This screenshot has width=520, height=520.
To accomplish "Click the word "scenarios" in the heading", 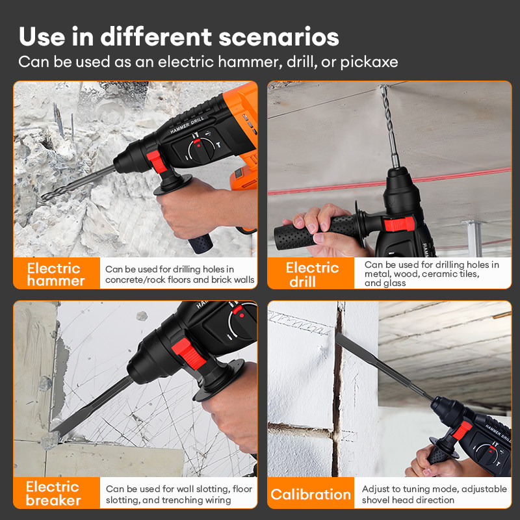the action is coord(279,37).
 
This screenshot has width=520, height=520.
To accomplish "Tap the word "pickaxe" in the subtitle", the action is coord(369,62).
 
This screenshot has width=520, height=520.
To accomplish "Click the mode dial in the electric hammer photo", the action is coord(201,150).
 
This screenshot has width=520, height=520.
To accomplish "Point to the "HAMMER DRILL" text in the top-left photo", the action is coord(187,125).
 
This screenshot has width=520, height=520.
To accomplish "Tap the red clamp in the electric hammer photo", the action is coord(157,161).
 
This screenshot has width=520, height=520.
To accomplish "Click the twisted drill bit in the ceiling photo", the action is coord(389,126).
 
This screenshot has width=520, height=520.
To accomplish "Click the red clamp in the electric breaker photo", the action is coord(188,354).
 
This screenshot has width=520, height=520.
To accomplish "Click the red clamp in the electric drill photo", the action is coord(399,223).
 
